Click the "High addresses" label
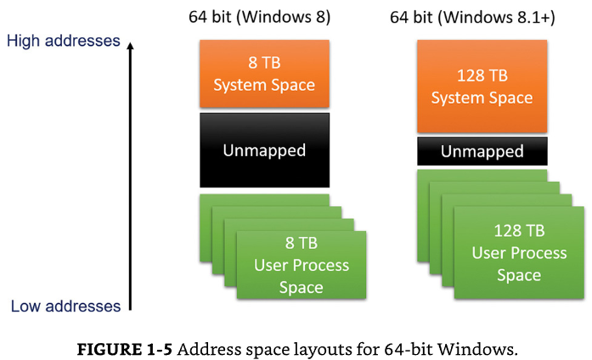(64, 41)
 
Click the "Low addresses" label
(65, 306)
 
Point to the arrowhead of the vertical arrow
(130, 46)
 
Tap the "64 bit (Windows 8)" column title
(259, 17)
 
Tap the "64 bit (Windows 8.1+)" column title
(472, 17)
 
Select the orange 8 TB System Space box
(264, 74)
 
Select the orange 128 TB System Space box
(482, 87)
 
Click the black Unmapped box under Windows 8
(264, 150)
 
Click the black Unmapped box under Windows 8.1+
(482, 151)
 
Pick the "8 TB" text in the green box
(302, 243)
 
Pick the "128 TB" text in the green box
(519, 231)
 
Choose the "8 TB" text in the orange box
(264, 63)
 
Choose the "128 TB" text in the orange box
(482, 76)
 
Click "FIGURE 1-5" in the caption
(125, 349)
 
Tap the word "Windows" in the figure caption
(477, 349)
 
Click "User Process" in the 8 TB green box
(302, 266)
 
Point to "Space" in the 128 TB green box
(519, 275)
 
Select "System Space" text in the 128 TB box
(482, 98)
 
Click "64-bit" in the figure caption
(409, 349)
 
